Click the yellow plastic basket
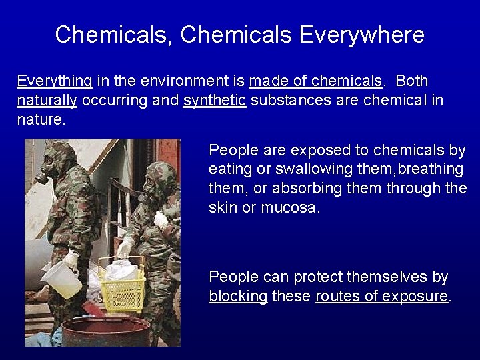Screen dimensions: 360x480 tap(123, 287)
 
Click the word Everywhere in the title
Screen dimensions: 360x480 tap(361, 35)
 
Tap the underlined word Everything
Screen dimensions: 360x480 tap(55, 81)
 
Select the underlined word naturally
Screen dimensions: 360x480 tap(47, 101)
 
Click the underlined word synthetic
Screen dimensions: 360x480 tap(215, 101)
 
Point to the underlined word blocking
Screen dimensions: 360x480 tap(238, 297)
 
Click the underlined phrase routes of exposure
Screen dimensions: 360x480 tap(381, 297)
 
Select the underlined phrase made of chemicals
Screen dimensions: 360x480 tap(316, 81)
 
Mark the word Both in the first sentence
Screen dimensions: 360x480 tap(412, 81)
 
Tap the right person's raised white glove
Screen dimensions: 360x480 tap(160, 219)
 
